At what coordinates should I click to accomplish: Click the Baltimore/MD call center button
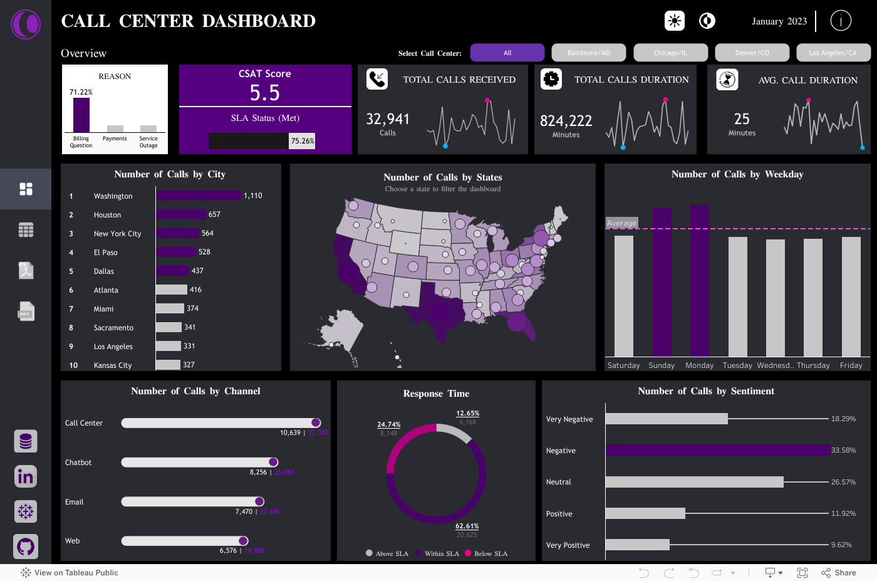tap(588, 53)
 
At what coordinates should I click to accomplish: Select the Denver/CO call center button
tap(752, 53)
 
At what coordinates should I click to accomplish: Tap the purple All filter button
tap(507, 53)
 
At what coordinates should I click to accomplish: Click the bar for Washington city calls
tap(199, 196)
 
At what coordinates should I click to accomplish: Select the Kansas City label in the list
tap(113, 365)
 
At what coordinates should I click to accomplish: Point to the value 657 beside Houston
tap(214, 214)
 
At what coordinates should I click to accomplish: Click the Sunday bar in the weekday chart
tap(662, 282)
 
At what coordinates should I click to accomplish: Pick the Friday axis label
tap(851, 365)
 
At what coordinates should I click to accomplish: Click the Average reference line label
tap(621, 223)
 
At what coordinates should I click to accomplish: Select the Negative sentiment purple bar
tap(717, 451)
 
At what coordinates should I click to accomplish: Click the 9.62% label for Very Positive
tap(841, 545)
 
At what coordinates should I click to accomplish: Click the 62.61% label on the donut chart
tap(467, 526)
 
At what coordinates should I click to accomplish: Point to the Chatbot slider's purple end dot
tap(273, 463)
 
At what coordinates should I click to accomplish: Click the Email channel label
tap(75, 502)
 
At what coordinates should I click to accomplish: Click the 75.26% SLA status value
tap(303, 141)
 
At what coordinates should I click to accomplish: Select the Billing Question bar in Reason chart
tap(81, 115)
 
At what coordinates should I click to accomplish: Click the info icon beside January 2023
tap(841, 21)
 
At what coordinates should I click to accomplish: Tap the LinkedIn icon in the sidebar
tap(26, 477)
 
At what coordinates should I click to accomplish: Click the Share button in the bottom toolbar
tap(839, 573)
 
